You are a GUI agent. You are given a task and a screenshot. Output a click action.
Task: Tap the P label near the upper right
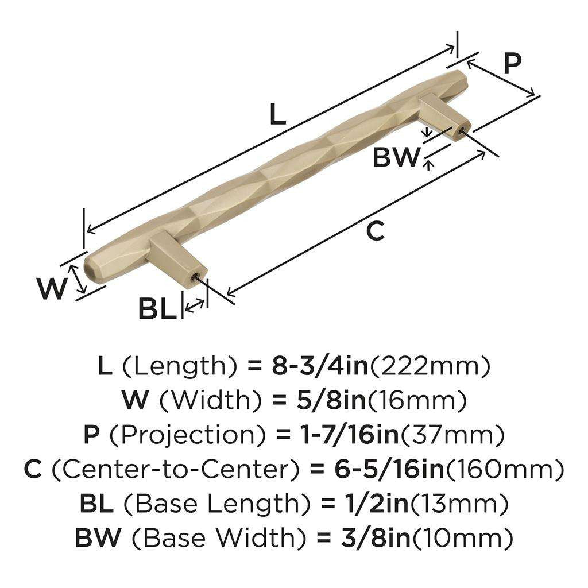513,64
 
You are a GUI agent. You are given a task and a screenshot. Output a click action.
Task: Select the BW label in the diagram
396,157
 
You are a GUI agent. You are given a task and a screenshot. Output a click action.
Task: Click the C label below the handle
375,231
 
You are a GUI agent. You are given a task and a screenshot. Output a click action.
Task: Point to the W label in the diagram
52,288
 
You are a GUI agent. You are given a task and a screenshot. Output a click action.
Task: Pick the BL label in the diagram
157,310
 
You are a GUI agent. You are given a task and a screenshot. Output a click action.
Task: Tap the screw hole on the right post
463,131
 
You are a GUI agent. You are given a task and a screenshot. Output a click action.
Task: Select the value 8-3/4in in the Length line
318,365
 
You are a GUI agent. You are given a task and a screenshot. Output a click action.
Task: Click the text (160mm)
505,470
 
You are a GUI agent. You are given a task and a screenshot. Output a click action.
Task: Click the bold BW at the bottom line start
98,538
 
